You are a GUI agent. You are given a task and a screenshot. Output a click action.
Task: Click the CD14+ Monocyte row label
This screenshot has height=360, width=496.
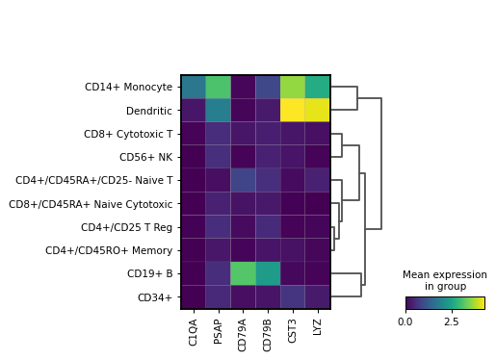(x=128, y=88)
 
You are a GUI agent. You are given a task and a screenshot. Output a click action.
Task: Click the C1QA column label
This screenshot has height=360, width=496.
(x=193, y=330)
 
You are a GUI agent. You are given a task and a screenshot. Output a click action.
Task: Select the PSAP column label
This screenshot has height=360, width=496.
(x=218, y=330)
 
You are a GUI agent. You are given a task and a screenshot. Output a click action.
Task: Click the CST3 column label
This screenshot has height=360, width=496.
(x=293, y=330)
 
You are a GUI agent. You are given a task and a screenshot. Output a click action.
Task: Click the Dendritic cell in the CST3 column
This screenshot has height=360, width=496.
(x=293, y=111)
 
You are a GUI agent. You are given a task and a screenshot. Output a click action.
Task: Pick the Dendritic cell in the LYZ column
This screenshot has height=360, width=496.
(x=318, y=111)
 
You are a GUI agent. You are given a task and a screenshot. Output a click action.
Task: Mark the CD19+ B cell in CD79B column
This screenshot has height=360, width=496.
(x=268, y=274)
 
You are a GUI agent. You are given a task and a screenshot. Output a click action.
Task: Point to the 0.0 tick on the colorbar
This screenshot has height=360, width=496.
(x=405, y=321)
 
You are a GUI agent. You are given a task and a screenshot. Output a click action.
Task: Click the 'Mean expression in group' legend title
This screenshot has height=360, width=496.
(x=445, y=280)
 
